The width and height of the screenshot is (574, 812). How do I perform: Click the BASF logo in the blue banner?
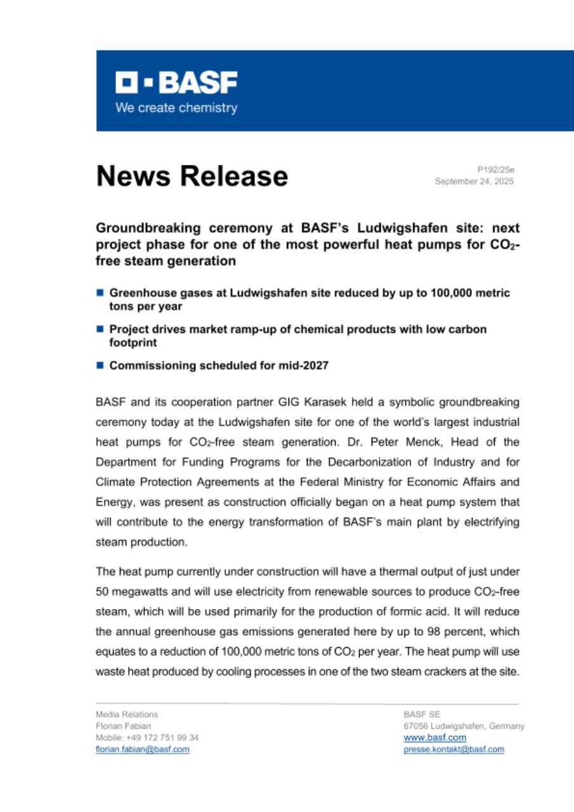coord(176,83)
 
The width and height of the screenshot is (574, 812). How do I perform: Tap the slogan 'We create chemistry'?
coord(176,108)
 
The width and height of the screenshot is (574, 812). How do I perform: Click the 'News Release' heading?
coord(192,176)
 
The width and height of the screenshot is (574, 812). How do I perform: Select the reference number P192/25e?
coord(495,169)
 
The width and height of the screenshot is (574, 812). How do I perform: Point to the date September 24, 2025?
coord(474,181)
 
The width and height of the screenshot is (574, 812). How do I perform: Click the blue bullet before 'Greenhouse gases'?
coord(100,293)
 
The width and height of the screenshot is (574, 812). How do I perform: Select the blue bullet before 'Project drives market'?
coord(100,329)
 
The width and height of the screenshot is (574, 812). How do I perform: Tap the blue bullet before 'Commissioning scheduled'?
coord(100,365)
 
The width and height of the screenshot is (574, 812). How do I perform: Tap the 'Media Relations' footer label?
coord(127,714)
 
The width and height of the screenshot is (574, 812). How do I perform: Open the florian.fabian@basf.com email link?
coord(142,749)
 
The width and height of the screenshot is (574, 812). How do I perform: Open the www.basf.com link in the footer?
coord(435,737)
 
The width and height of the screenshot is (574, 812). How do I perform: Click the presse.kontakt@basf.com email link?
coord(454,749)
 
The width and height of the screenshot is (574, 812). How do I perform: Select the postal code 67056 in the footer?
coord(415,726)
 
